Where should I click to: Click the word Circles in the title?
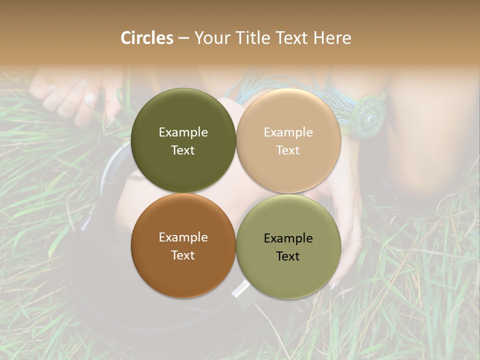[147, 38]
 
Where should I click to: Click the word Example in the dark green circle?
[183, 132]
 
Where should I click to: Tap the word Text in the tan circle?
[288, 150]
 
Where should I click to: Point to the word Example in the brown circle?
[183, 237]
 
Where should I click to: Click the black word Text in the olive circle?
[288, 256]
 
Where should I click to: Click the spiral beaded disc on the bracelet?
[368, 117]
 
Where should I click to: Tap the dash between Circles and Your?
[183, 38]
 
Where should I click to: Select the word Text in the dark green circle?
[183, 150]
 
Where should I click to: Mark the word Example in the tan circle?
[288, 132]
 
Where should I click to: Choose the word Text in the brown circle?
[183, 255]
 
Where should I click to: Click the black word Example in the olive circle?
[288, 238]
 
